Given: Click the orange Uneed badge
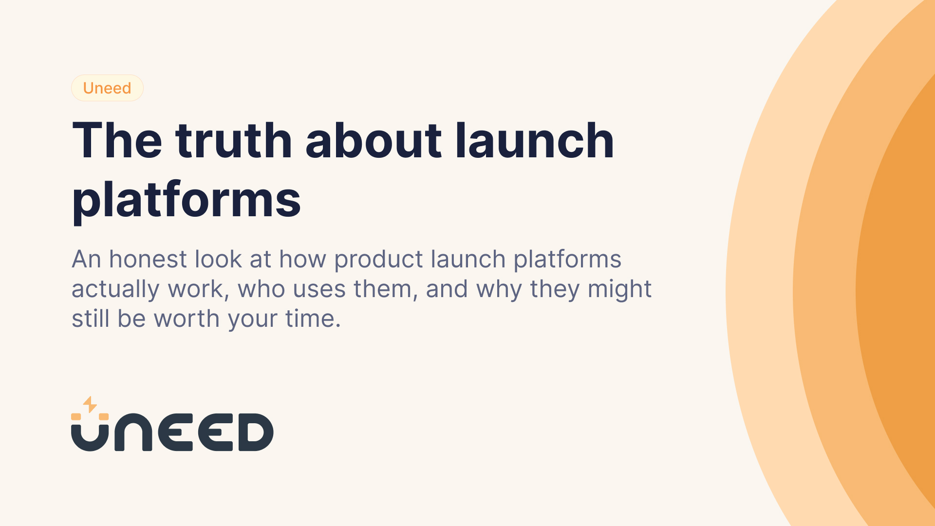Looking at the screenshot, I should (107, 88).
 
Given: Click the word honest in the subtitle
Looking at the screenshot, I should (148, 259).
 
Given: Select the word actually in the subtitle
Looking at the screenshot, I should (115, 289).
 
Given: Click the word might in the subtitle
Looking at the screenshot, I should (619, 289).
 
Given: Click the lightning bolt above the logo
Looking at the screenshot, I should (90, 404).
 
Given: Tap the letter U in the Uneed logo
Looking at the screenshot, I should (90, 436).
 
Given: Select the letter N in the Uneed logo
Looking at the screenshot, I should (133, 432).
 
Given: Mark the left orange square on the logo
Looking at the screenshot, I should (76, 416).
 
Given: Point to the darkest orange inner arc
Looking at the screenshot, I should (901, 292).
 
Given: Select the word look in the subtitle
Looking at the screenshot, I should (218, 259).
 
